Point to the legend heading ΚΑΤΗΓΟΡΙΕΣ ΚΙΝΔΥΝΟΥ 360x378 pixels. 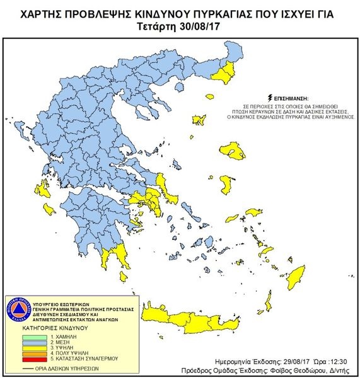click(x=56, y=329)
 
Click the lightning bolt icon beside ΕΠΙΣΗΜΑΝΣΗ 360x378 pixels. click(x=270, y=98)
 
